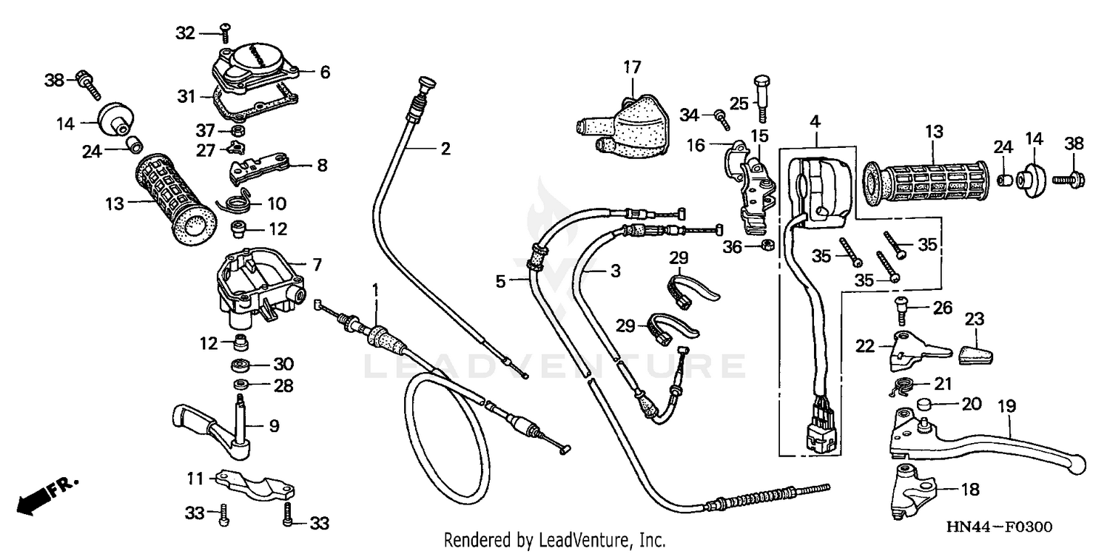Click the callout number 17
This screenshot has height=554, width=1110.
pyautogui.click(x=631, y=68)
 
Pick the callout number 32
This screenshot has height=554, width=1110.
pyautogui.click(x=185, y=33)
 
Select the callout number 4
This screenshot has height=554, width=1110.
pyautogui.click(x=815, y=121)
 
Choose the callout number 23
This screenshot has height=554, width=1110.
pyautogui.click(x=975, y=320)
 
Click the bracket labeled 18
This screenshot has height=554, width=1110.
pyautogui.click(x=911, y=487)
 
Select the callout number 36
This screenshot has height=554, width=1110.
pyautogui.click(x=732, y=248)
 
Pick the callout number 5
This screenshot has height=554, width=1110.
pyautogui.click(x=502, y=280)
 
